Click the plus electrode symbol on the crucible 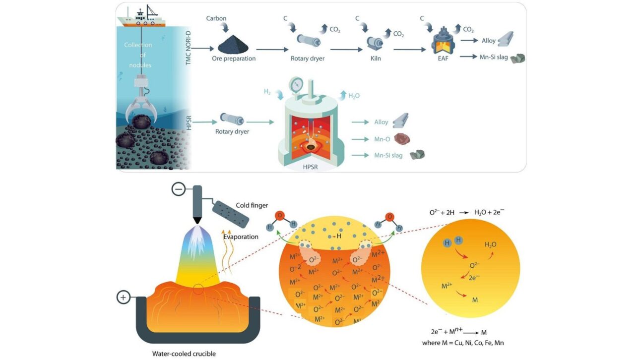124,298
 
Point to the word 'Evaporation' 241,237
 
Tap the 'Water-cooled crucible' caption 185,354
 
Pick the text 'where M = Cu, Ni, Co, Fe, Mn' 468,343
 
